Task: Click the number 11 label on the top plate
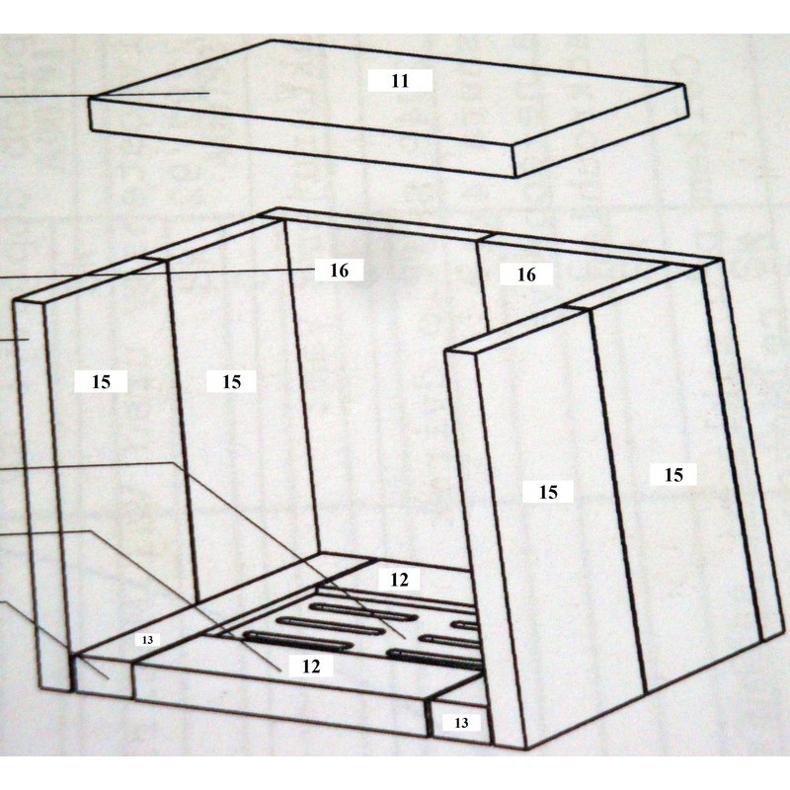pos(400,81)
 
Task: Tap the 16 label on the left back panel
pos(339,270)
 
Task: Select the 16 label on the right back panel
pos(526,275)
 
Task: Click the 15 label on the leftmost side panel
pos(101,381)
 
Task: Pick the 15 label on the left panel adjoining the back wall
pos(231,381)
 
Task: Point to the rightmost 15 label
pos(673,474)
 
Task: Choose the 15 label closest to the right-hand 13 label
pos(548,491)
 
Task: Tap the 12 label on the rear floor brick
pos(399,580)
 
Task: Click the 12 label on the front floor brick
pos(311,666)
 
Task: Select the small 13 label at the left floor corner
pos(147,640)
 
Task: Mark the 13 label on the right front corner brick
pos(461,723)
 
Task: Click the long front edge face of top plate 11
pos(302,137)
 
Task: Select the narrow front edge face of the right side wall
pos(485,549)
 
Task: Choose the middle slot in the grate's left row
pos(330,625)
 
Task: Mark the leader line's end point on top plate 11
pos(209,93)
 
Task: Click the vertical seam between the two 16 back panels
pos(482,285)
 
